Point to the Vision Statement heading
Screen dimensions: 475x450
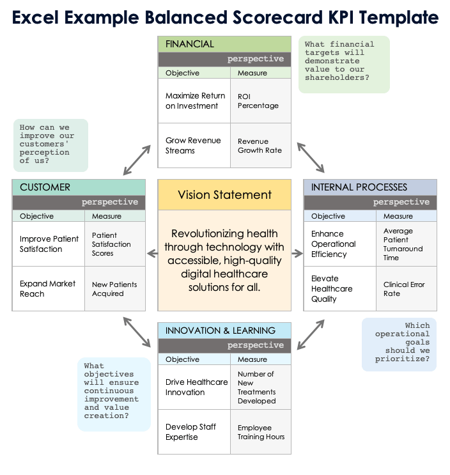click(x=224, y=195)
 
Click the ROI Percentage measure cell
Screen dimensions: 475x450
click(x=258, y=101)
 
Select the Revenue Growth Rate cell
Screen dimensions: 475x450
click(x=260, y=146)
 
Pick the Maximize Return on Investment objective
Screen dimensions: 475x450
click(x=195, y=101)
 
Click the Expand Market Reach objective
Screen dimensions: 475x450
click(x=48, y=289)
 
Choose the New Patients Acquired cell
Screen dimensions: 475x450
click(x=114, y=289)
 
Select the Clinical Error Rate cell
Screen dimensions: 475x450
click(x=405, y=289)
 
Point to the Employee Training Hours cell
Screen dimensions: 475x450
click(x=261, y=432)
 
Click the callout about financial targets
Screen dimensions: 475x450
click(x=344, y=64)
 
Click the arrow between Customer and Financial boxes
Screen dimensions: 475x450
click(x=137, y=160)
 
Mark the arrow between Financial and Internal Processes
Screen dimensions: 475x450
click(x=311, y=158)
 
